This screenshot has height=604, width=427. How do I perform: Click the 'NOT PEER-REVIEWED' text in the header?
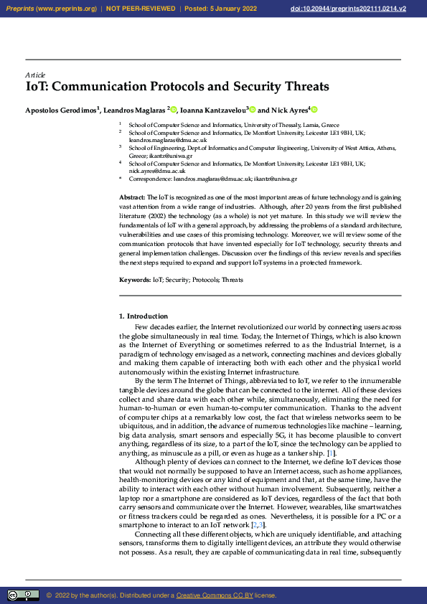(141, 9)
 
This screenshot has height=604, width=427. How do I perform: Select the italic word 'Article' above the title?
(35, 75)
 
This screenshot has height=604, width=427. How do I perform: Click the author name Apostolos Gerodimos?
(61, 110)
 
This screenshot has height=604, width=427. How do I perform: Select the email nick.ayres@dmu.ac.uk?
(157, 171)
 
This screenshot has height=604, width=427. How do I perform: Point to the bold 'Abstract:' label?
(132, 197)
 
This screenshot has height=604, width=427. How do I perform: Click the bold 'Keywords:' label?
(134, 279)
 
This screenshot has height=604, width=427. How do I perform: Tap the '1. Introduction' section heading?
(144, 316)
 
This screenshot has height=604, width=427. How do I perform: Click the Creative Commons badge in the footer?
(23, 595)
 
